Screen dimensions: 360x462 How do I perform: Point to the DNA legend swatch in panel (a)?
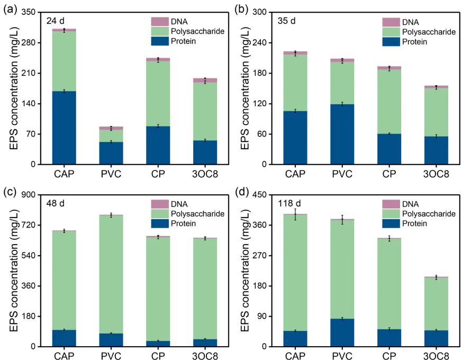(x=159, y=21)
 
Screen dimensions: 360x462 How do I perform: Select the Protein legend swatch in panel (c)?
(x=159, y=223)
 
